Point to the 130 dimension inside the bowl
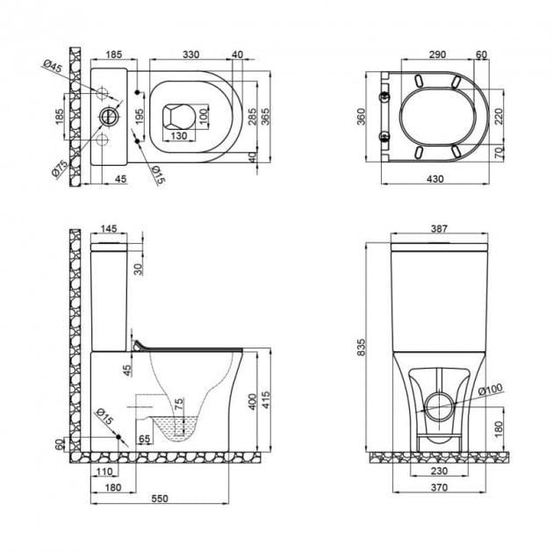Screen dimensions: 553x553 (178, 136)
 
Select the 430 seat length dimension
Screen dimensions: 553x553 (436, 179)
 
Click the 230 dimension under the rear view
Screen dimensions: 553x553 (436, 472)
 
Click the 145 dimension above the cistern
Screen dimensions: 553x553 (108, 229)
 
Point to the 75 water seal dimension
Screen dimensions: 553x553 (181, 406)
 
